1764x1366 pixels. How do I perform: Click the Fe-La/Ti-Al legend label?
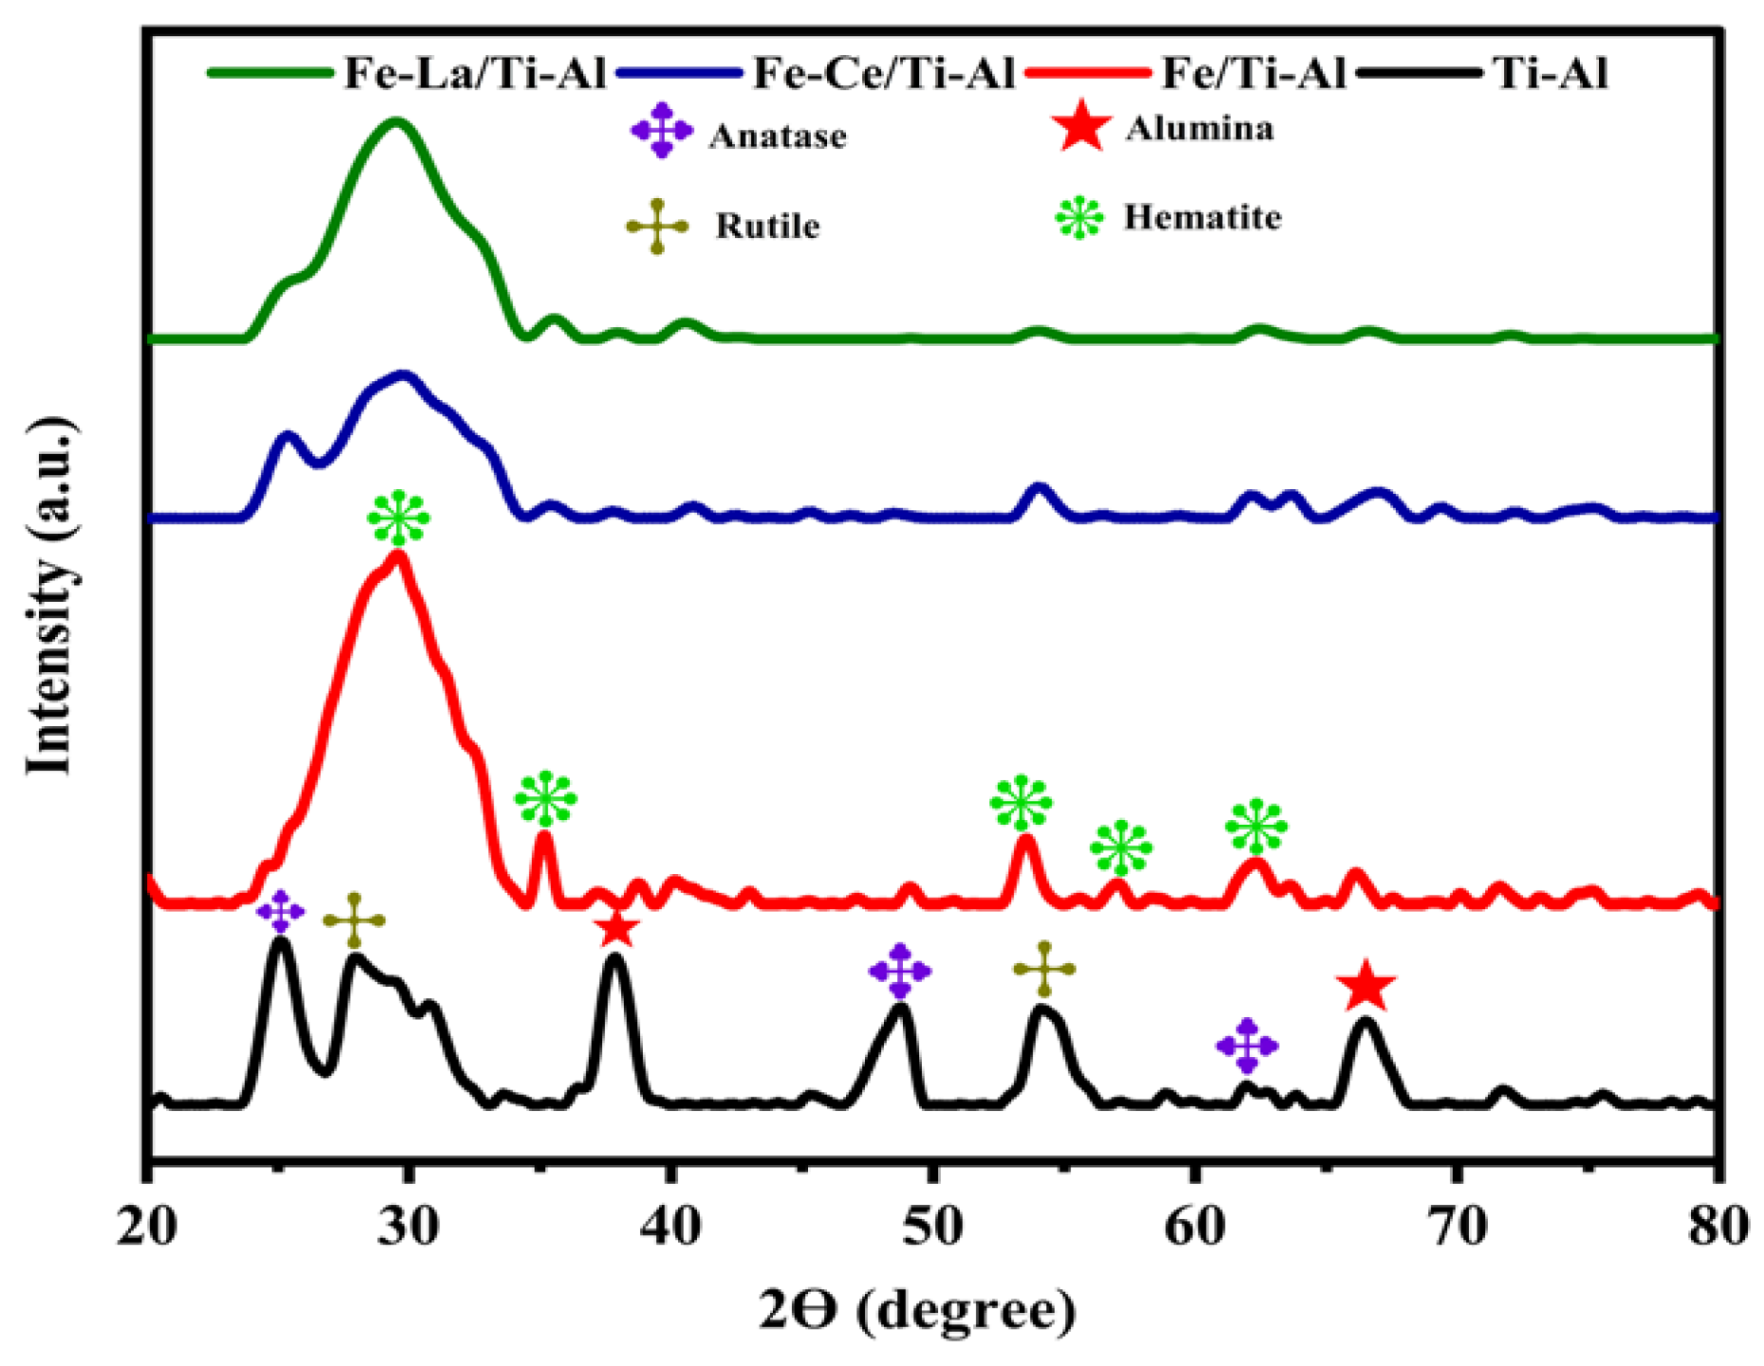(x=474, y=73)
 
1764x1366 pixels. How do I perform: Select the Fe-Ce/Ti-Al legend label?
(x=884, y=73)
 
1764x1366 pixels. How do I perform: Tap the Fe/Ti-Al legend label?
(x=1254, y=73)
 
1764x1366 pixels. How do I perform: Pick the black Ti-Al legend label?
(x=1552, y=73)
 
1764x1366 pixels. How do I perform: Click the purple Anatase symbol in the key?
(x=661, y=133)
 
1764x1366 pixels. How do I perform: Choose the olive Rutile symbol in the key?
(x=656, y=226)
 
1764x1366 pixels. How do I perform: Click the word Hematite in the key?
(x=1203, y=218)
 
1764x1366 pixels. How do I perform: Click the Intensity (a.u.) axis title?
(x=49, y=595)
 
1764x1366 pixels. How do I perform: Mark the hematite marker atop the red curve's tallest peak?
(x=398, y=519)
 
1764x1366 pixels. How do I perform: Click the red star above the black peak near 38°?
(x=616, y=929)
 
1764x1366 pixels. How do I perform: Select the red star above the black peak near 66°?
(x=1365, y=987)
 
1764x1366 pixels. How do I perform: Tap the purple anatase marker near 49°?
(x=900, y=971)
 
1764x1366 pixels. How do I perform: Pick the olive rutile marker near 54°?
(x=1044, y=969)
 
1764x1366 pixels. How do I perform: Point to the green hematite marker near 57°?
(x=1121, y=847)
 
